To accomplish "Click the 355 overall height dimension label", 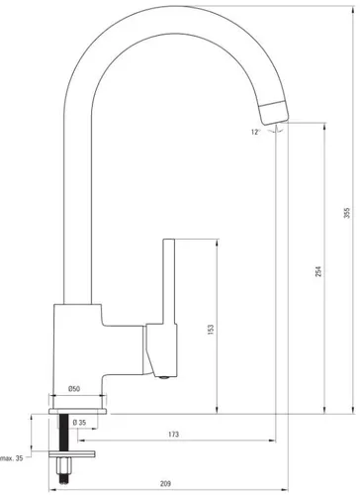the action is (347, 213).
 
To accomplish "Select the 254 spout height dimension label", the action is (318, 271).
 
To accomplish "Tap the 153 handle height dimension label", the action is (211, 330).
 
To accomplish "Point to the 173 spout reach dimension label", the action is (173, 435).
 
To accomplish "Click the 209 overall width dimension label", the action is (165, 484).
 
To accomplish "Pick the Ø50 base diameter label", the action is (74, 389).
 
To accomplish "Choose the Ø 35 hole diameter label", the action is (79, 423).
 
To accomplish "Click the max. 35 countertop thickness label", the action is (12, 458).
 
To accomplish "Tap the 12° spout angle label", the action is (255, 133).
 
